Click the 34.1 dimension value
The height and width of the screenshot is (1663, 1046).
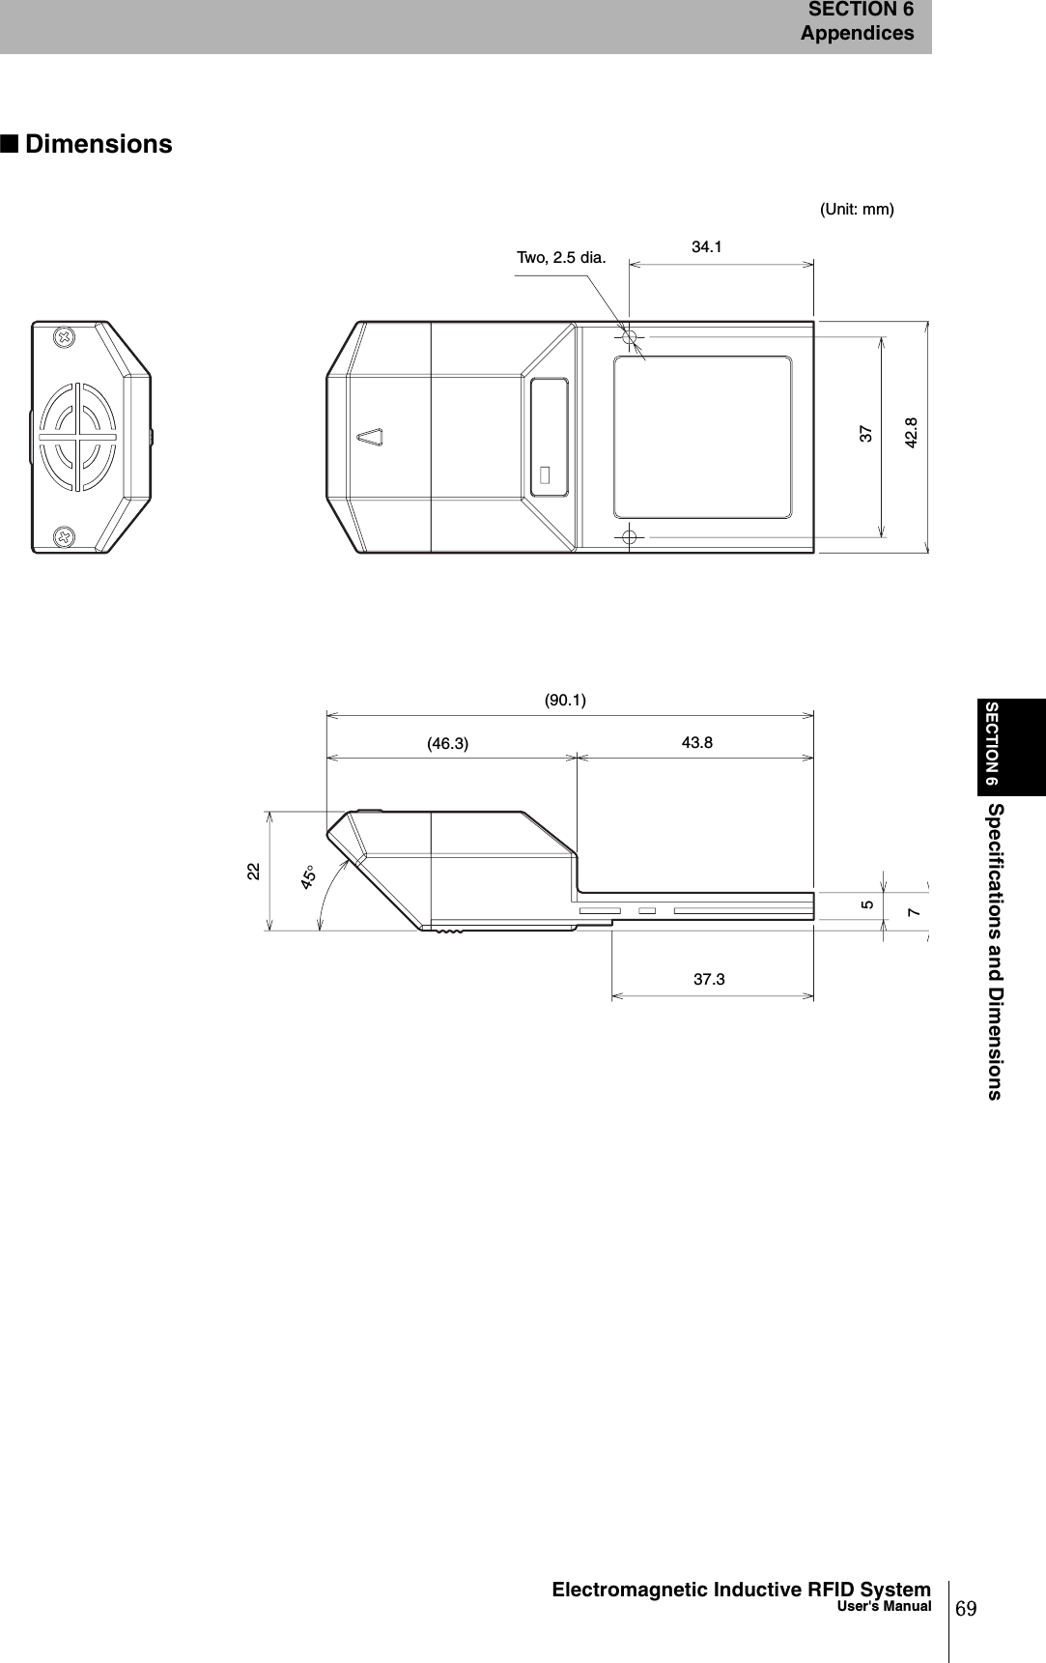pos(706,247)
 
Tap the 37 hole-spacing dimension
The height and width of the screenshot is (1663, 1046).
pos(866,433)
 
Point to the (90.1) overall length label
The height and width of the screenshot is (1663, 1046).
pos(565,700)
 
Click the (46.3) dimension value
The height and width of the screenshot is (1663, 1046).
pos(447,744)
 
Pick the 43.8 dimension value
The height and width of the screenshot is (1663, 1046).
pos(696,742)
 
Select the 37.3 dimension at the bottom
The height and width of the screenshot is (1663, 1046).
pos(709,980)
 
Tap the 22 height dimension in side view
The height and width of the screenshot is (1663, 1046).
pos(253,871)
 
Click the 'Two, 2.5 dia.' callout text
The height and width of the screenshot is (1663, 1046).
pos(561,258)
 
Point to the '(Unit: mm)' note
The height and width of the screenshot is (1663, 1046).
pos(857,209)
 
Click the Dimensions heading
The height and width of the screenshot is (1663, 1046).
pos(99,145)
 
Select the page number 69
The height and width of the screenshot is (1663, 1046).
pos(966,1607)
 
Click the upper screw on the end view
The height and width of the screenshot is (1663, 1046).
pos(65,338)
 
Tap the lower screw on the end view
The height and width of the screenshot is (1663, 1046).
pos(65,536)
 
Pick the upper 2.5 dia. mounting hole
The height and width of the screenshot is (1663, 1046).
pos(629,337)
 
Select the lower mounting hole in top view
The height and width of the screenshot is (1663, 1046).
pos(629,536)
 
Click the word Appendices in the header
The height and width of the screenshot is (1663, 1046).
pos(857,33)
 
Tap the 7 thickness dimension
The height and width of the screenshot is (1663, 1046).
pos(914,912)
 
